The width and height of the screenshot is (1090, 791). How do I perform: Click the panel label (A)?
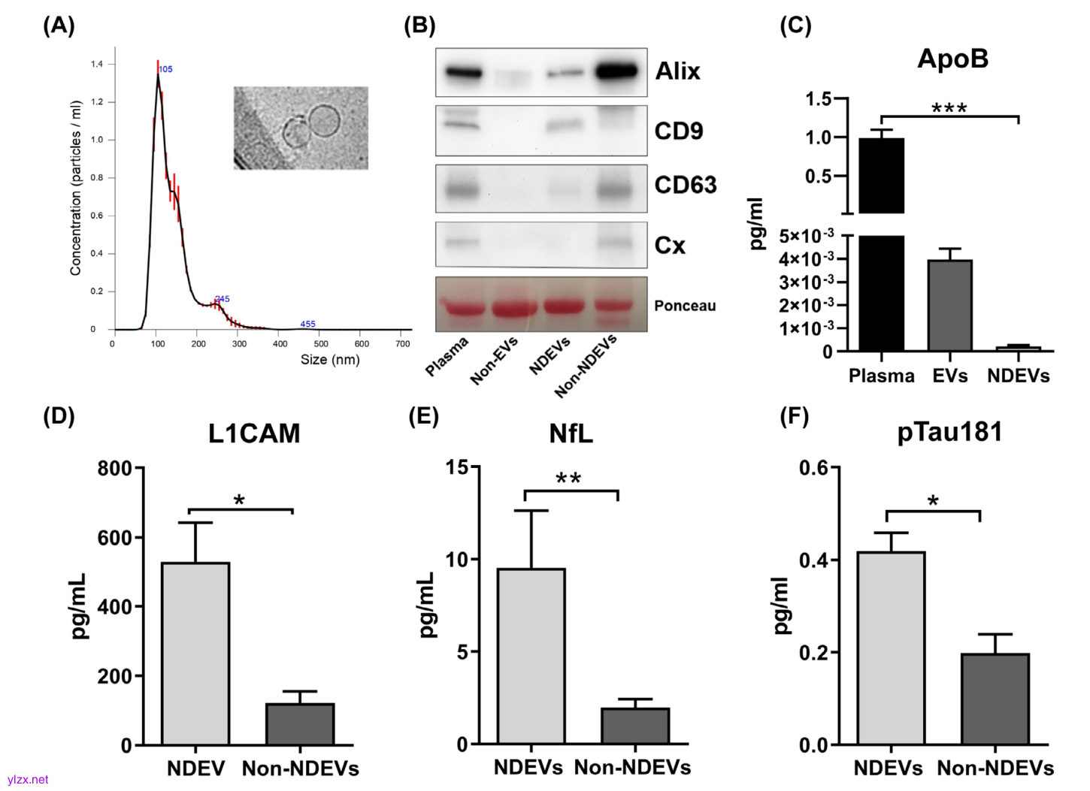(x=59, y=26)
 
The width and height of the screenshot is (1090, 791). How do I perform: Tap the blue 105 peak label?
(x=166, y=69)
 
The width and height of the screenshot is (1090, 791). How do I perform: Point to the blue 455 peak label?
(x=307, y=325)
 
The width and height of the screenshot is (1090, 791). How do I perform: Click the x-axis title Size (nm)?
(x=330, y=360)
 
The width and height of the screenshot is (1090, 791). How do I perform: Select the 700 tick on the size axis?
(x=403, y=344)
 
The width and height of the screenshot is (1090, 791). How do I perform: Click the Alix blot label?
(x=677, y=71)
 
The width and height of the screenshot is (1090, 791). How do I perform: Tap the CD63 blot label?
(x=685, y=185)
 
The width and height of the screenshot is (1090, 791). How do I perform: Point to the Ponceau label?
(x=685, y=306)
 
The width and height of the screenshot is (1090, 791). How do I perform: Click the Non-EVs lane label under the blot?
(x=494, y=361)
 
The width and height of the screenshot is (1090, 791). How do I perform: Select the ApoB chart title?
(x=952, y=59)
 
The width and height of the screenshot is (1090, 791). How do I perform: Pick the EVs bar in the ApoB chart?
(x=949, y=305)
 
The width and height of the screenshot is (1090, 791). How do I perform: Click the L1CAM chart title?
(x=254, y=433)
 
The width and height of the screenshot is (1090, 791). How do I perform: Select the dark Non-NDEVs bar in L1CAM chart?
(x=300, y=724)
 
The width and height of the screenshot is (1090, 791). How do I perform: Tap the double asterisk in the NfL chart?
(x=568, y=479)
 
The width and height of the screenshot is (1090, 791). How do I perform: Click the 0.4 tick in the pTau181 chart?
(x=813, y=560)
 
